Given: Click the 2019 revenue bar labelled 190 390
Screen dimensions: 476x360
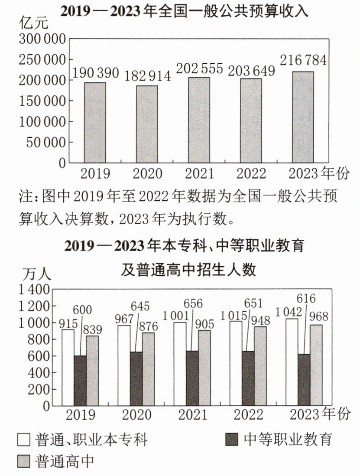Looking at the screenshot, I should coord(95,122).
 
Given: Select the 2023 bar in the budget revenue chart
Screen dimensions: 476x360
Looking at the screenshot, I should coord(303,117).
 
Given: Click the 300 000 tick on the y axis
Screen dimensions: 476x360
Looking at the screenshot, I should coord(42,39).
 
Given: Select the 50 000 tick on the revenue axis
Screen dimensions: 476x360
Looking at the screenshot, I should coord(46,142).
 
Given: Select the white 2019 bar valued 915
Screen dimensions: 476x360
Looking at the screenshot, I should coord(68,368).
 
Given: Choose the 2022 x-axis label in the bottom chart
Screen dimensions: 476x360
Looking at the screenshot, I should coord(248,415).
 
